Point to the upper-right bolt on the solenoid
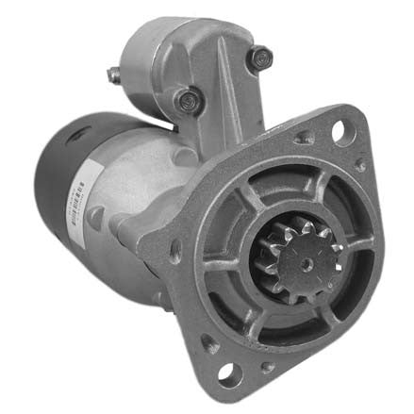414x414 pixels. click(x=257, y=58)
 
